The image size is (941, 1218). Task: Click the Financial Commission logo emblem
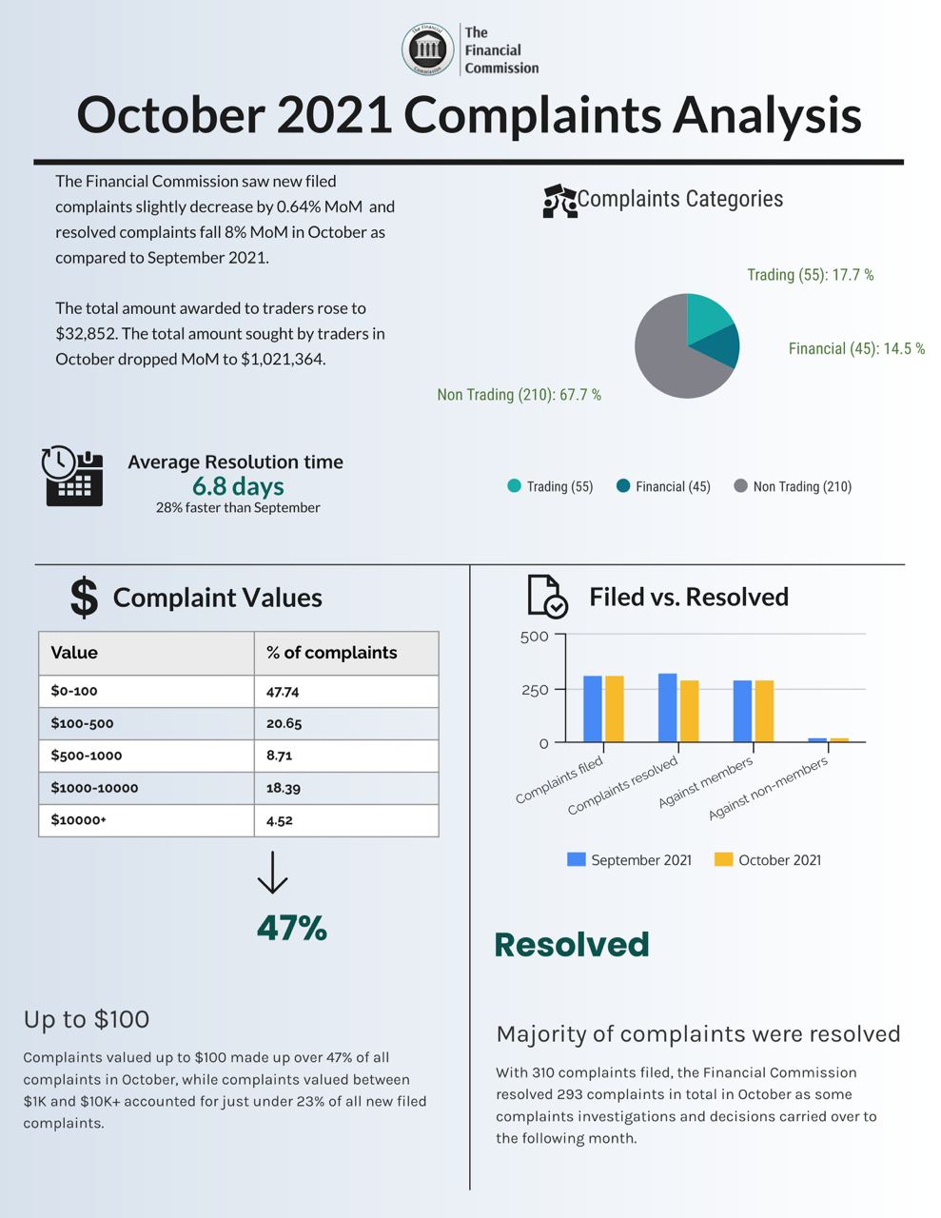[x=427, y=49]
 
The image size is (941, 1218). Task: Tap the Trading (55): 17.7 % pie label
[x=810, y=275]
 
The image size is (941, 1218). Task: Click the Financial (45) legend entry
[x=663, y=486]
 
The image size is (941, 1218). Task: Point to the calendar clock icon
[x=72, y=475]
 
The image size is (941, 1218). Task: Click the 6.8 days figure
[x=238, y=486]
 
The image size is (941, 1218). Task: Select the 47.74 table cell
[x=283, y=692]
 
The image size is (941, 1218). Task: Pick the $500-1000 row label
[x=87, y=756]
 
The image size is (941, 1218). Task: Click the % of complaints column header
[x=331, y=653]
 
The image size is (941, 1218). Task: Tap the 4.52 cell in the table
[x=280, y=820]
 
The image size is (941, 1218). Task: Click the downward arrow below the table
[x=272, y=873]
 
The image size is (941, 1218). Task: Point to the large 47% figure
[x=291, y=928]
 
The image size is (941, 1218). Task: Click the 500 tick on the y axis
[x=535, y=637]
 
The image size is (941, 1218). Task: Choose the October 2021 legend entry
[x=768, y=860]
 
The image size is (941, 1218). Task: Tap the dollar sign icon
[x=84, y=598]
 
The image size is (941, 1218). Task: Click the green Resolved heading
[x=571, y=944]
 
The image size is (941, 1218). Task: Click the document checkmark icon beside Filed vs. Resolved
[x=547, y=597]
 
